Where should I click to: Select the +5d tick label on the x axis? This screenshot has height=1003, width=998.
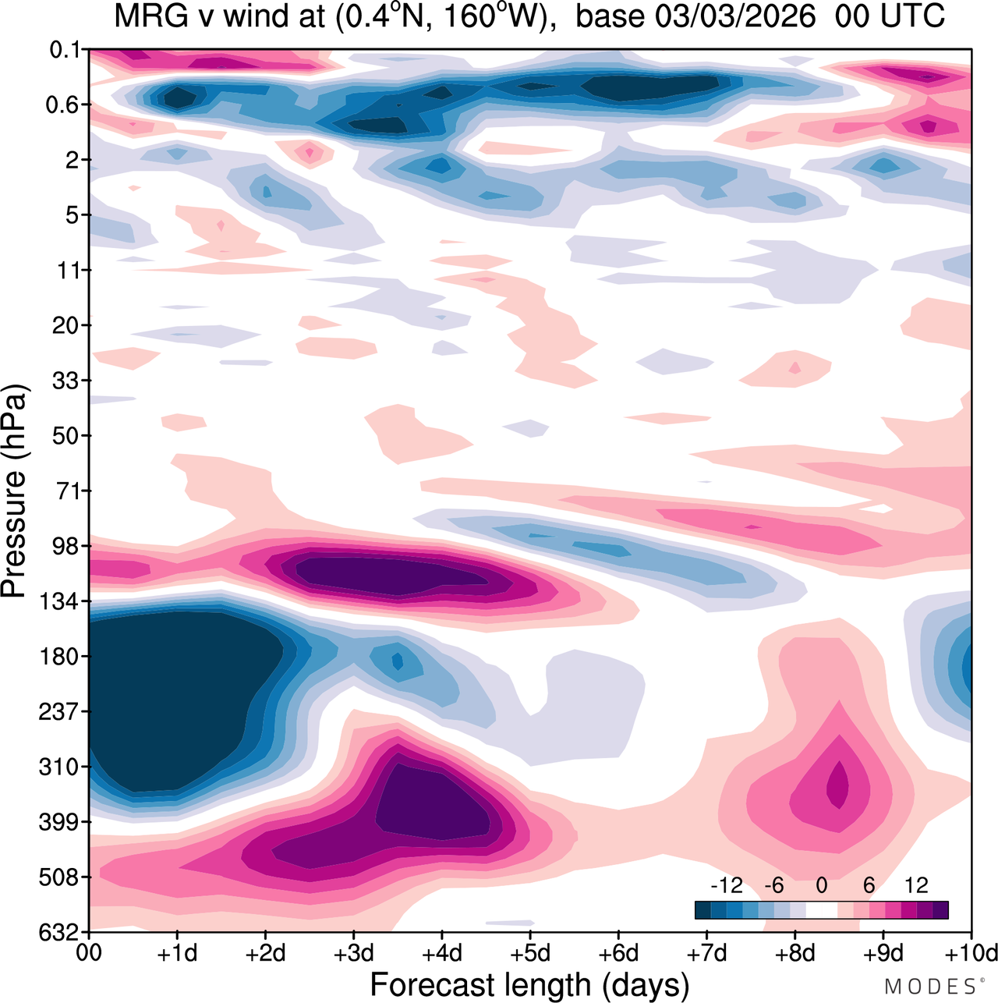coord(529,954)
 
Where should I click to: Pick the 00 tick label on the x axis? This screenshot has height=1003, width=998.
coord(90,954)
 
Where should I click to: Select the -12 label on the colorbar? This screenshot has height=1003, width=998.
coord(726,885)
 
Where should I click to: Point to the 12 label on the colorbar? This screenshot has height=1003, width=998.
coord(916,885)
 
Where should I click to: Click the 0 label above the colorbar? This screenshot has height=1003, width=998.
coord(821,885)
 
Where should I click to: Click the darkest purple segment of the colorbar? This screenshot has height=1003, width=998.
coord(940,910)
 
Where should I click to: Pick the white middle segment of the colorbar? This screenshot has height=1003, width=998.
coord(821,910)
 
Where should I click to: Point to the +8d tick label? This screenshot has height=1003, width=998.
coord(795,954)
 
